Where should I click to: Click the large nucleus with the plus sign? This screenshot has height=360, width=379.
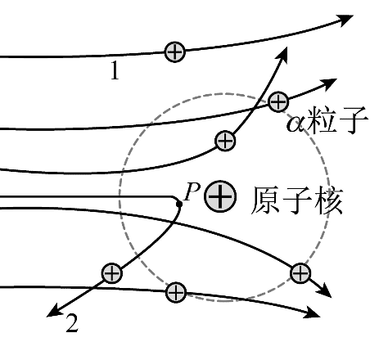pyautogui.click(x=220, y=196)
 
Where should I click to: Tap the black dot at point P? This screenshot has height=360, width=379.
pyautogui.click(x=179, y=204)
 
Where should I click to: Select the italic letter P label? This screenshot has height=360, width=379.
pyautogui.click(x=192, y=191)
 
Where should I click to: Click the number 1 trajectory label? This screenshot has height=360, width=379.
pyautogui.click(x=115, y=70)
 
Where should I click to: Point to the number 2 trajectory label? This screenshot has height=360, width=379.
pyautogui.click(x=72, y=323)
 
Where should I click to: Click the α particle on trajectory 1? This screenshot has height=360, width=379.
pyautogui.click(x=175, y=52)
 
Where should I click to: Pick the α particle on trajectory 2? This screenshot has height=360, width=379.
pyautogui.click(x=111, y=273)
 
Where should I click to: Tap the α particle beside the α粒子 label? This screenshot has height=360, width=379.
pyautogui.click(x=278, y=101)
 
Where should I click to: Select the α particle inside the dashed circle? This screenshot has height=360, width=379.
pyautogui.click(x=225, y=141)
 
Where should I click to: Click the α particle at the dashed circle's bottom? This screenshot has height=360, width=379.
pyautogui.click(x=176, y=292)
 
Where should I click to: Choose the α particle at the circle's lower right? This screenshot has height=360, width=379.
pyautogui.click(x=300, y=273)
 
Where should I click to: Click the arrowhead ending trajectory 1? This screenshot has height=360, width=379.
pyautogui.click(x=345, y=20)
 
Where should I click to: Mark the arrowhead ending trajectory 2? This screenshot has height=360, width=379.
pyautogui.click(x=55, y=312)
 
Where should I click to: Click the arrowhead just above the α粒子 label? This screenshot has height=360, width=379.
pyautogui.click(x=329, y=83)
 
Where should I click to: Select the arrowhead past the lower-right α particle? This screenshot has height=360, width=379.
pyautogui.click(x=324, y=290)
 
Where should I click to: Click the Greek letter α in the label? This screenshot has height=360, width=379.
pyautogui.click(x=296, y=124)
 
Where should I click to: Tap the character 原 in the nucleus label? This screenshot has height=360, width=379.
pyautogui.click(x=265, y=200)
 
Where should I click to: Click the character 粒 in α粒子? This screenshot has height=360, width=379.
pyautogui.click(x=321, y=119)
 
